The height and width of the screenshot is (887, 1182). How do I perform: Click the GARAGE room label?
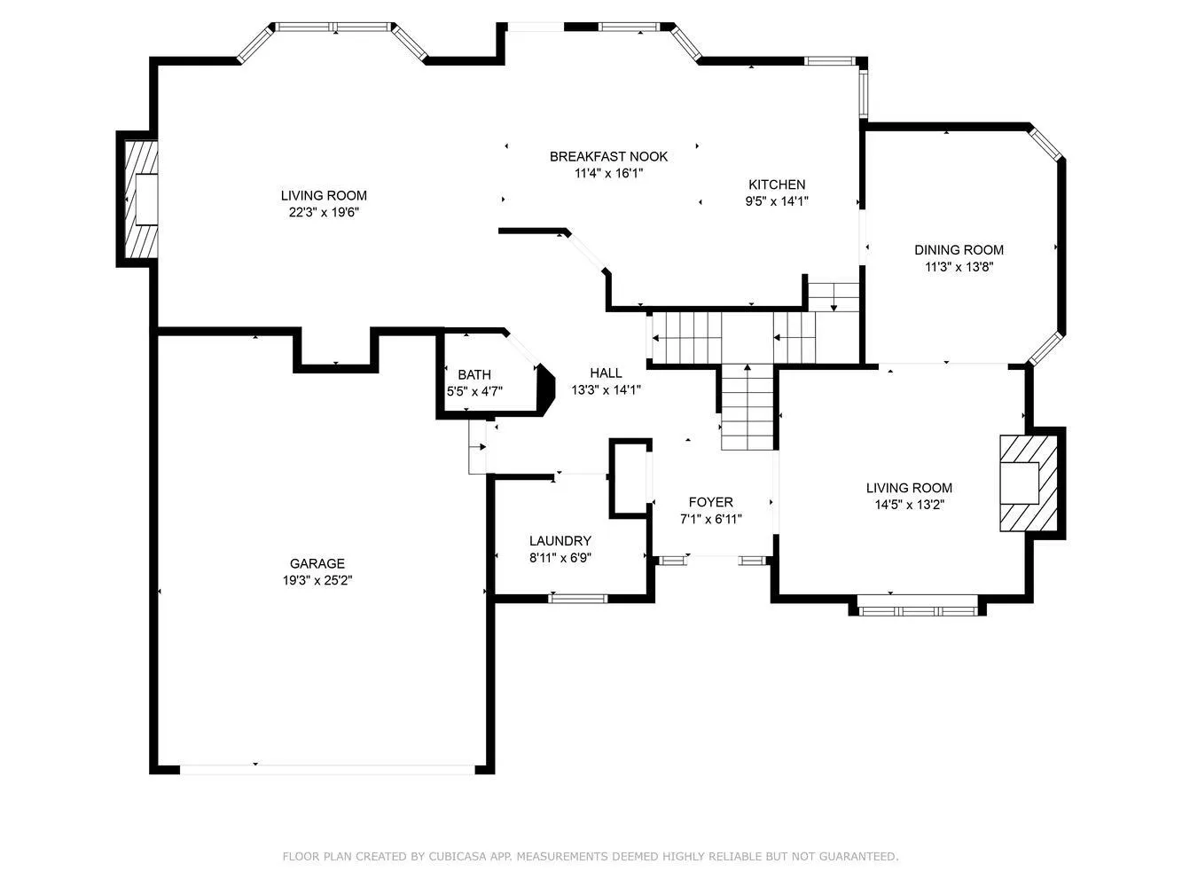pos(317,563)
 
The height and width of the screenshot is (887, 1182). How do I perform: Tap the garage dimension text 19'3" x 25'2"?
pos(317,580)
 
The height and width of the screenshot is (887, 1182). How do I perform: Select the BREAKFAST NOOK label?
pos(608,157)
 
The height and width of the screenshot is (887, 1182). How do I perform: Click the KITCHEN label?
pos(777,184)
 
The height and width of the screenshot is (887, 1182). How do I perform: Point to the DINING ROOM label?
pos(959,250)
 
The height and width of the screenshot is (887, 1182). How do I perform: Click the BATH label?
pos(474,375)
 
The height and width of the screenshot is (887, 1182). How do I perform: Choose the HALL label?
pos(606,373)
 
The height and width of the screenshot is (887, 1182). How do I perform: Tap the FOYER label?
pos(710,502)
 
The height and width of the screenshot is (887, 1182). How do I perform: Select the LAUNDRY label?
pos(560,541)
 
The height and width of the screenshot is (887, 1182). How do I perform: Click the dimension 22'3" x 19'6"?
pos(324,212)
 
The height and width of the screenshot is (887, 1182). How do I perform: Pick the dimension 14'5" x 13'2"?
pos(909,504)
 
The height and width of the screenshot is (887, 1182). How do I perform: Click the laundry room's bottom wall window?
pos(577,598)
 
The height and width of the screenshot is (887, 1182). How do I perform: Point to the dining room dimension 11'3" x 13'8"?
pos(959,266)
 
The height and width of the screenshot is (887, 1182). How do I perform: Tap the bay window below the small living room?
pos(917,610)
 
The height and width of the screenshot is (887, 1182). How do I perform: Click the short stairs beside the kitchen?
pos(834,296)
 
